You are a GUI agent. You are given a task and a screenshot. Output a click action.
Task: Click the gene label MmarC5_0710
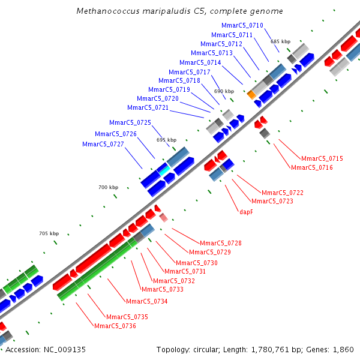click(242, 25)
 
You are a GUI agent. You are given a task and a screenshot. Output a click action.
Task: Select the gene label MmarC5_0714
click(200, 62)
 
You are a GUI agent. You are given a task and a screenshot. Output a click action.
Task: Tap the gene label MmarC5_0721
click(148, 107)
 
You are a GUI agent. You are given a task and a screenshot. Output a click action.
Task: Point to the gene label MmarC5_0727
click(103, 144)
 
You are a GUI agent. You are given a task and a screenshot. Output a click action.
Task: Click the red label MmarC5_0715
click(322, 158)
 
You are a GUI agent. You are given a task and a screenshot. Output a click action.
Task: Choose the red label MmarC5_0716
click(312, 167)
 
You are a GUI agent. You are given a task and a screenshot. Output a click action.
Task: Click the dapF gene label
click(246, 211)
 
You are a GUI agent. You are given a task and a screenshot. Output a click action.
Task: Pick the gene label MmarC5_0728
click(221, 243)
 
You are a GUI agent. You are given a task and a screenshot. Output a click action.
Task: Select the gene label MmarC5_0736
click(115, 326)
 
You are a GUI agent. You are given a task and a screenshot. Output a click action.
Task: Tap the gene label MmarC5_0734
click(146, 301)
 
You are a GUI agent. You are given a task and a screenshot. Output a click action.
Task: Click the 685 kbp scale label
click(280, 41)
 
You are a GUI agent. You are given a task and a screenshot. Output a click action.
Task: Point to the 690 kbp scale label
click(224, 91)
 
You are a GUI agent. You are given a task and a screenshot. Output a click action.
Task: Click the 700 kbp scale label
click(108, 188)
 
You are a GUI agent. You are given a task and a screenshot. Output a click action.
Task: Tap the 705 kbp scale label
click(49, 233)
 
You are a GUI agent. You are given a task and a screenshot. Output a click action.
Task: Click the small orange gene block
click(252, 95)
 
